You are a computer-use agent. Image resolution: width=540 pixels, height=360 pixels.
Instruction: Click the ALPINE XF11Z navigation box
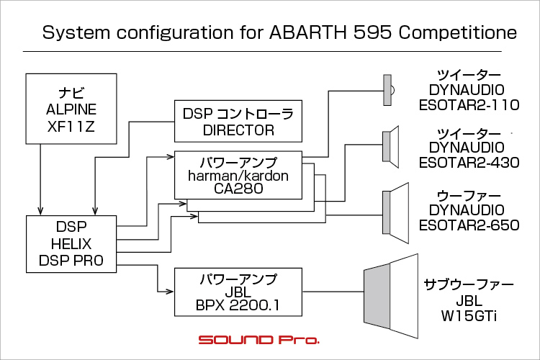71,109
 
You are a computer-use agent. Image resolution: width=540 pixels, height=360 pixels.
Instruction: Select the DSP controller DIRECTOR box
238,121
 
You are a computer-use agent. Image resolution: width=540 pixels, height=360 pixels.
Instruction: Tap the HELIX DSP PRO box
71,244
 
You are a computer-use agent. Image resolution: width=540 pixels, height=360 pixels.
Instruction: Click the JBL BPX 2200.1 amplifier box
238,292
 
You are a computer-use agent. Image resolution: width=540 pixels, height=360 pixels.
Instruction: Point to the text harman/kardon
238,176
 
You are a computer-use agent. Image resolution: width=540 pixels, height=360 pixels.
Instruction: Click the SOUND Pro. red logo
259,340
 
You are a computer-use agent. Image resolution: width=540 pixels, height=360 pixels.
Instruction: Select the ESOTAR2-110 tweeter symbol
389,90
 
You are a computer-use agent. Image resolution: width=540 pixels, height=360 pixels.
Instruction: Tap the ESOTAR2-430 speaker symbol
391,147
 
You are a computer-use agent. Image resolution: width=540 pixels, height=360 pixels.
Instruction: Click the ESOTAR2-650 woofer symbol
396,213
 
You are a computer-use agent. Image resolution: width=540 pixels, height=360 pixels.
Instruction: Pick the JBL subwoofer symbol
391,296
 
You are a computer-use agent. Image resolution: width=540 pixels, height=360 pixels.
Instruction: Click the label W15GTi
469,316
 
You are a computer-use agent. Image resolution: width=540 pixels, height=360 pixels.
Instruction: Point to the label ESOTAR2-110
469,104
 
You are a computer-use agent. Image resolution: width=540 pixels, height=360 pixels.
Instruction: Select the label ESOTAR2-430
469,163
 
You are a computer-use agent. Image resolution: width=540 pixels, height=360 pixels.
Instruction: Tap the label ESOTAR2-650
469,225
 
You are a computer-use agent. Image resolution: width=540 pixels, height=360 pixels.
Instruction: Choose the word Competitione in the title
458,33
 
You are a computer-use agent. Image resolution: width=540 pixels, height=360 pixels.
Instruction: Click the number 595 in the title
373,32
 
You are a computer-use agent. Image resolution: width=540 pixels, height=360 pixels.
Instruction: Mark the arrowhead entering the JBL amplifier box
170,292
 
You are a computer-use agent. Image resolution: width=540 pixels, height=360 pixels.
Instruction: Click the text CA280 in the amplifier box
238,189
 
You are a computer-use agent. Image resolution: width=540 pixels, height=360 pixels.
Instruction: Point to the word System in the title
76,33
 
